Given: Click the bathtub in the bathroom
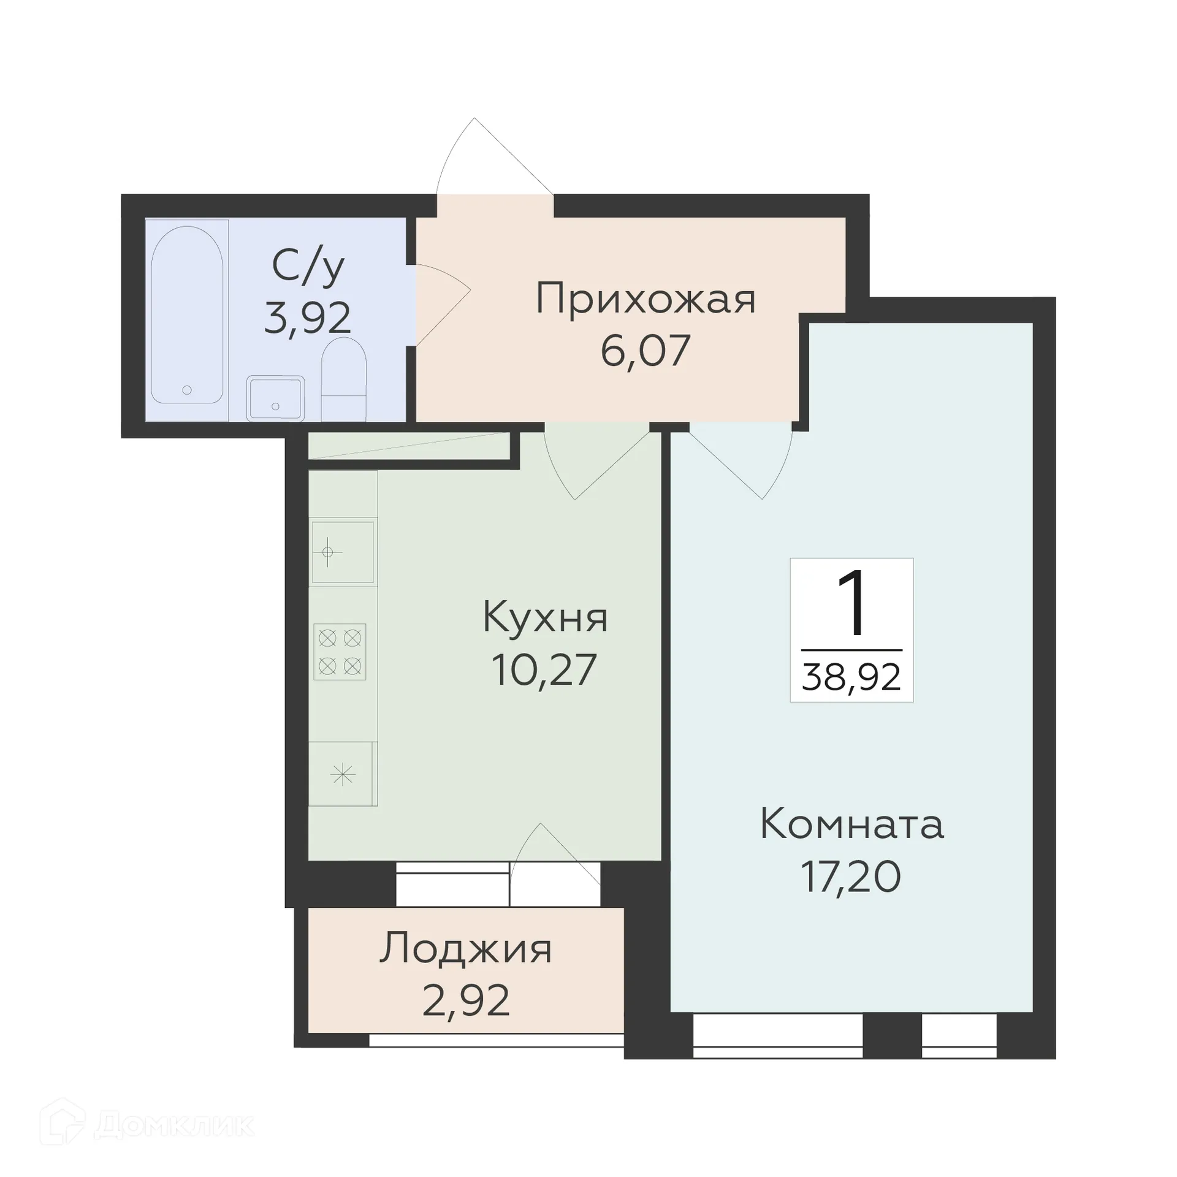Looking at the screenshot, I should click(187, 315).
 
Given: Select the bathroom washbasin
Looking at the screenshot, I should click(275, 398).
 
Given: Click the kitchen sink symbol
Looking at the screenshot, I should click(342, 552).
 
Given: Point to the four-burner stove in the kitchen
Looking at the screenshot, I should click(340, 652).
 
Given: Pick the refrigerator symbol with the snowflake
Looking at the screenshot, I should click(342, 774).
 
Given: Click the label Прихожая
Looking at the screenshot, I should click(646, 299).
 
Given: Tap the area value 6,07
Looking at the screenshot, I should click(646, 351).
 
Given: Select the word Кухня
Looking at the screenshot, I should click(545, 617).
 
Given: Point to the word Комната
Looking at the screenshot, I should click(851, 825).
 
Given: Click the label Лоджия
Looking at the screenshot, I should click(466, 949).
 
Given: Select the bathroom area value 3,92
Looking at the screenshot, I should click(308, 318).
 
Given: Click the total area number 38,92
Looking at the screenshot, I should click(851, 677).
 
